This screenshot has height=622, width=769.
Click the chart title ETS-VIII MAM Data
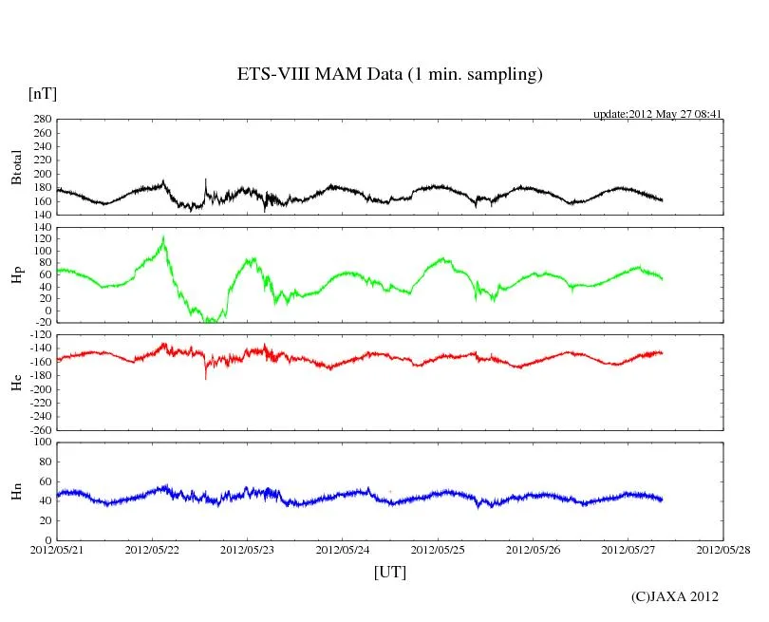click(389, 75)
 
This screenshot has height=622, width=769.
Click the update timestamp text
click(658, 114)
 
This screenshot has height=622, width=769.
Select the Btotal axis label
click(16, 166)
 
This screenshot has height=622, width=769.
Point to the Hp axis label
click(16, 275)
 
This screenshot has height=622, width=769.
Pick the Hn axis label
click(16, 491)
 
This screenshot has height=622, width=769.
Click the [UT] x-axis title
click(389, 572)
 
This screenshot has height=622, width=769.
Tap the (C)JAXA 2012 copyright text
click(675, 596)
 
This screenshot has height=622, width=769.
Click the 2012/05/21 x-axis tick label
click(57, 549)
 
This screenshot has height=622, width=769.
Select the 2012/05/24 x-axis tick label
click(343, 549)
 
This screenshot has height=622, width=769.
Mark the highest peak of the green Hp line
click(163, 237)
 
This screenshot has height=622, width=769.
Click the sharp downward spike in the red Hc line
click(206, 378)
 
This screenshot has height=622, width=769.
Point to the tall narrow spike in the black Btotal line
click(205, 179)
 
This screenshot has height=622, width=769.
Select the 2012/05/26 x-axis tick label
click(533, 549)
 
